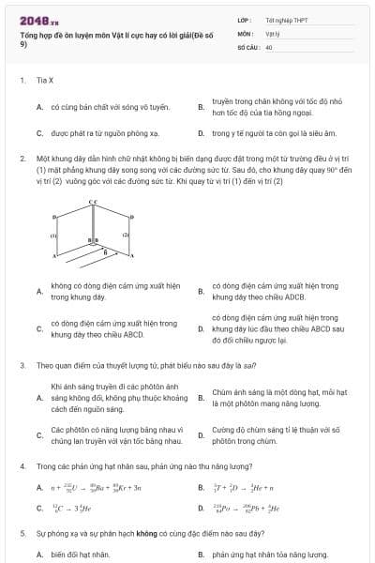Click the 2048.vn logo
point(38,19)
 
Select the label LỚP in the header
point(245,19)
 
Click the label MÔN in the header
point(246,32)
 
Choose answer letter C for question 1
point(39,133)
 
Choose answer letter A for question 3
point(39,397)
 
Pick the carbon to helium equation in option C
point(71,510)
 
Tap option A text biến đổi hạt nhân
point(81,555)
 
